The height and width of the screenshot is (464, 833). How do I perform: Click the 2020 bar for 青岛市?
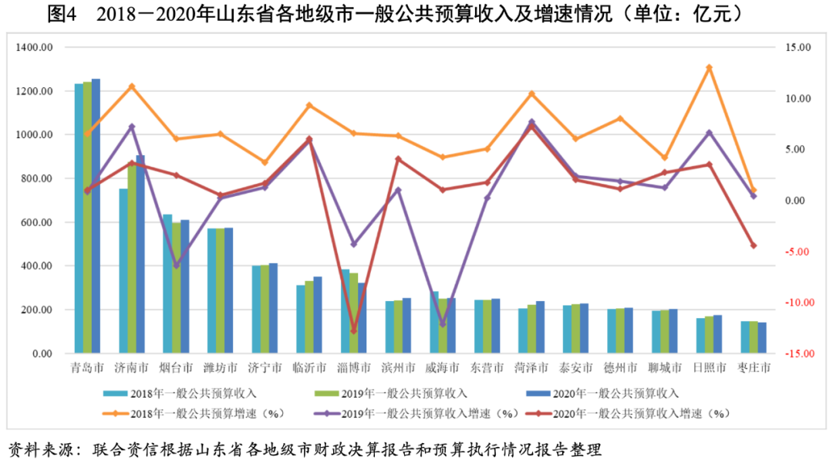(96, 216)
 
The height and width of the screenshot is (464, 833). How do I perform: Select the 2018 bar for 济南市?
(123, 271)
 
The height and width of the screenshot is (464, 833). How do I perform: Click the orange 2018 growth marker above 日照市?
(709, 68)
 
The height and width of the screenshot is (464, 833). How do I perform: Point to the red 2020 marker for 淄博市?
(354, 330)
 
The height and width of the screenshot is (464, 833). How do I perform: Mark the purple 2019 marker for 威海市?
(443, 324)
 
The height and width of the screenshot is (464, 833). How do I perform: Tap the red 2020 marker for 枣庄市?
(754, 246)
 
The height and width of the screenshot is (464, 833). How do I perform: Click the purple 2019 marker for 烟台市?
(176, 266)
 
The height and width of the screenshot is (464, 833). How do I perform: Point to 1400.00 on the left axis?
(34, 48)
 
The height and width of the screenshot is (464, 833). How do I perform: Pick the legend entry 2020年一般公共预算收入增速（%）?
(641, 414)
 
